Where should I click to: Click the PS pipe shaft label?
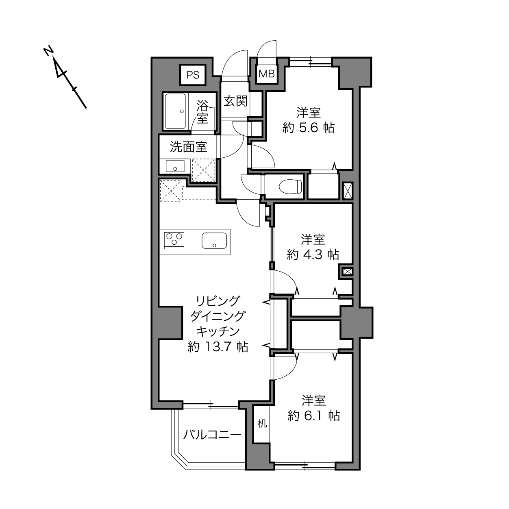[193, 75]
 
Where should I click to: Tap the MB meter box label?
[267, 74]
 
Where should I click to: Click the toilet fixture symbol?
[290, 187]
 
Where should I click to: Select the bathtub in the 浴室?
[175, 111]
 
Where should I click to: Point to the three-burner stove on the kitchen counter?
[174, 240]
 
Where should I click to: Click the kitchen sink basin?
[214, 240]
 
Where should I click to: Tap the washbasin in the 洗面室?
[175, 166]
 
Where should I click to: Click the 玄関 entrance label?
[235, 101]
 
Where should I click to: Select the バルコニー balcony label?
[212, 434]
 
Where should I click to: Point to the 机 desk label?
[262, 424]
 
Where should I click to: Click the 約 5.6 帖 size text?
[309, 128]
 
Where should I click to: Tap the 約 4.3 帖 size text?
[313, 254]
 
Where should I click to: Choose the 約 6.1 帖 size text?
[313, 416]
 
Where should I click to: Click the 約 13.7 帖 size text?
[218, 346]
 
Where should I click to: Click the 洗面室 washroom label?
[188, 147]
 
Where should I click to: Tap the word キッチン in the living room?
[218, 331]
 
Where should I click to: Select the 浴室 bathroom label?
[202, 112]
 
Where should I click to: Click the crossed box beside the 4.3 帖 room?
[347, 271]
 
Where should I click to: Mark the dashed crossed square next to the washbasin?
[203, 170]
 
